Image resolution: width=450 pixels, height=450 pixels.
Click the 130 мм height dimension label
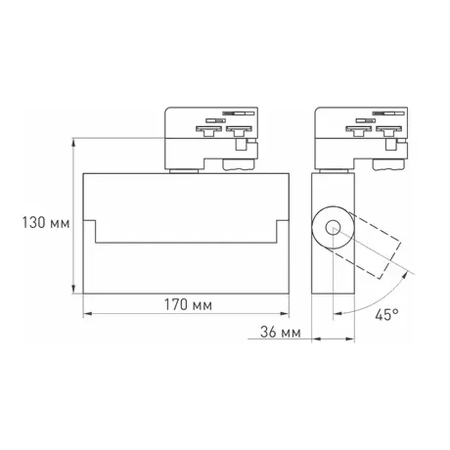[x=46, y=223]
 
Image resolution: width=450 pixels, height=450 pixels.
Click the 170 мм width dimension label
[x=188, y=305]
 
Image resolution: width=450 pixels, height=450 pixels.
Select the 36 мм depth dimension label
[x=280, y=332]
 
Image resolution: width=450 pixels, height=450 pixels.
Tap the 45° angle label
[x=387, y=315]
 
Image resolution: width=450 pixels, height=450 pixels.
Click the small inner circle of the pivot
[x=333, y=227]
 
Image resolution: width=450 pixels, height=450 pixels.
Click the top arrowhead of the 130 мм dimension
[x=74, y=143]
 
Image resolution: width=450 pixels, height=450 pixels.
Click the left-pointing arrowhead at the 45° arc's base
[x=338, y=313]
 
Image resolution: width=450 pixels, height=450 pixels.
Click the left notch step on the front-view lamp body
[x=90, y=221]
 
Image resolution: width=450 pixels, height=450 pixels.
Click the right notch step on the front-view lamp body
[x=283, y=221]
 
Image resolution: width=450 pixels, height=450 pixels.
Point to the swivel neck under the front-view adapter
[x=184, y=171]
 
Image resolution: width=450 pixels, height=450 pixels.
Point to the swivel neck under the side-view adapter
[x=333, y=171]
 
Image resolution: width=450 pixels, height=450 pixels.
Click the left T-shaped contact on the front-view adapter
[x=209, y=131]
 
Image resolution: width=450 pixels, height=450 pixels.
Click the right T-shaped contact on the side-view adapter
[x=389, y=131]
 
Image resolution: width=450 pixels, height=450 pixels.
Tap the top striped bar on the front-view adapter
[x=238, y=113]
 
